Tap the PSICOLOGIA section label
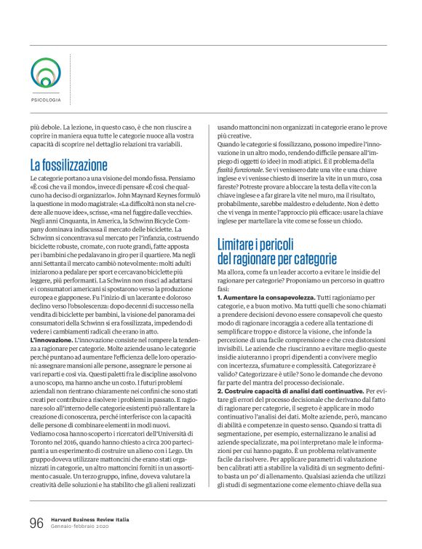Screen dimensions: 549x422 pos(45,100)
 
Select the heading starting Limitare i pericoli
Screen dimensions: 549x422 pos(277,250)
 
